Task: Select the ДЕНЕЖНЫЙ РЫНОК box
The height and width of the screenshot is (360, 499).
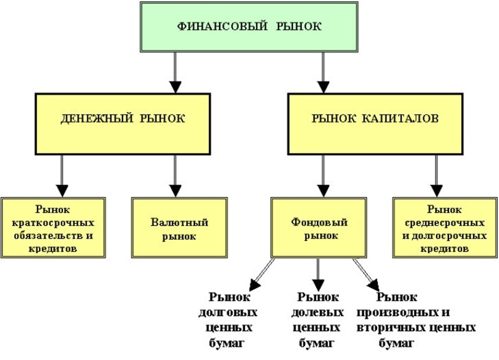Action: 123,118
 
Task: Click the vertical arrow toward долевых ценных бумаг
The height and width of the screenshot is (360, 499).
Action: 318,274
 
